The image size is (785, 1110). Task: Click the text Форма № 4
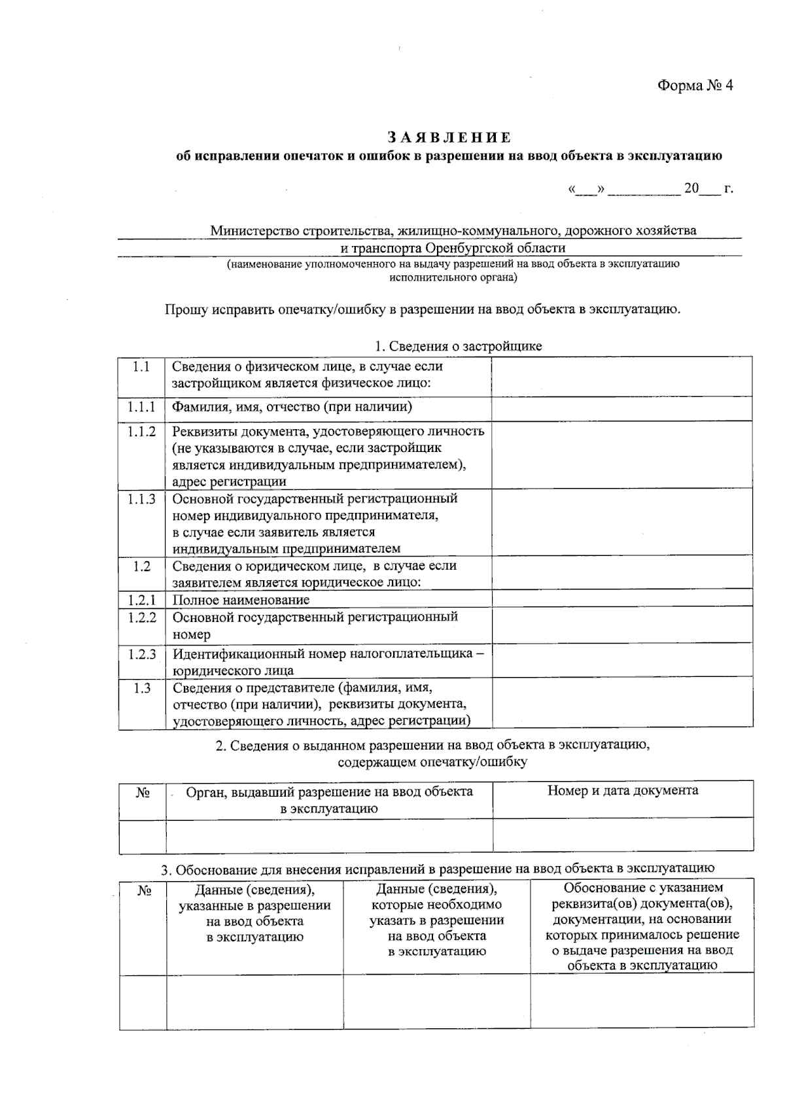695,86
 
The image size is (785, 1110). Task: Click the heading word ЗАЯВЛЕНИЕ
449,137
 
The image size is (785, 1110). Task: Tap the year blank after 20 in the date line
710,190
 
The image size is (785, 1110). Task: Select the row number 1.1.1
141,408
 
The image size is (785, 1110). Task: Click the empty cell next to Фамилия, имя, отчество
621,408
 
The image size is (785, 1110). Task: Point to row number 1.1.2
141,432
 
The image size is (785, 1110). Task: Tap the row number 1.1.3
141,499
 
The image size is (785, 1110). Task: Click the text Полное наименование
241,600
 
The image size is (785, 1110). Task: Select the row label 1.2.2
141,617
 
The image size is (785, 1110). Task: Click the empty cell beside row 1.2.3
621,661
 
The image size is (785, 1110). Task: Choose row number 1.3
141,688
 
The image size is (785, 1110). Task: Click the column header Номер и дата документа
623,791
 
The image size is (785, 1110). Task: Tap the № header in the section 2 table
143,793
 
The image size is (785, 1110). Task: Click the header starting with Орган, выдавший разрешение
329,800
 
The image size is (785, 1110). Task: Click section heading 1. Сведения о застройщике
458,346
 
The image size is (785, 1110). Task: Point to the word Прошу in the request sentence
185,309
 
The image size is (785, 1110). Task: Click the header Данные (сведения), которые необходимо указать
436,920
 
